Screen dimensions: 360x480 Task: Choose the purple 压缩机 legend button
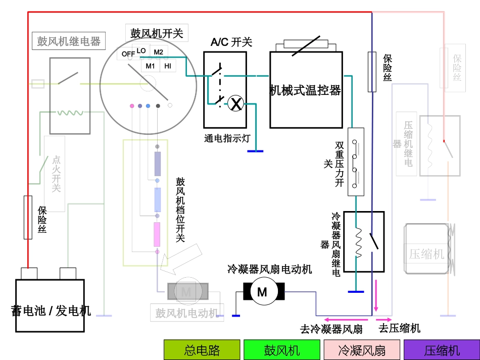(x=442, y=350)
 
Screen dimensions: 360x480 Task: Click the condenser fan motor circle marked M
(x=262, y=292)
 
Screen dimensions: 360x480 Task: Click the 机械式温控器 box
(x=305, y=90)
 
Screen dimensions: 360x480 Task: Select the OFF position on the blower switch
(x=128, y=54)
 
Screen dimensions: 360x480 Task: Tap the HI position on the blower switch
(x=167, y=66)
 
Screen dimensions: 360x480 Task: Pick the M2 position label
(x=158, y=52)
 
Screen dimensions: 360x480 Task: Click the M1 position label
(x=150, y=66)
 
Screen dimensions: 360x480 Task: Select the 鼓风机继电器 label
(x=69, y=41)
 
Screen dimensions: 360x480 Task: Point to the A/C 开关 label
(x=231, y=42)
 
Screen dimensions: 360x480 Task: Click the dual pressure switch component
(x=356, y=162)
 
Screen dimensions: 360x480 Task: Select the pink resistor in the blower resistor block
(x=157, y=234)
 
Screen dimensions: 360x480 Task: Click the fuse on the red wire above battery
(x=28, y=217)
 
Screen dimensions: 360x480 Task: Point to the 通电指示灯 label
(x=227, y=138)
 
